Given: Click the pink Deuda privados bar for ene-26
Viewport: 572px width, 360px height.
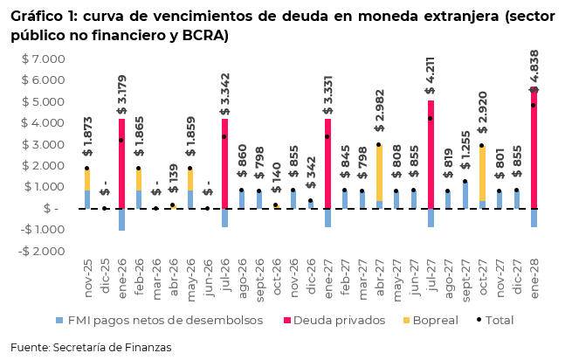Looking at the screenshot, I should coord(122,163).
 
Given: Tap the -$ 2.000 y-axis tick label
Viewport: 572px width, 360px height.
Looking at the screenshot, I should coord(40,251).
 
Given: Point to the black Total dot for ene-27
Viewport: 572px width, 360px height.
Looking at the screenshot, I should coord(327,137).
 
